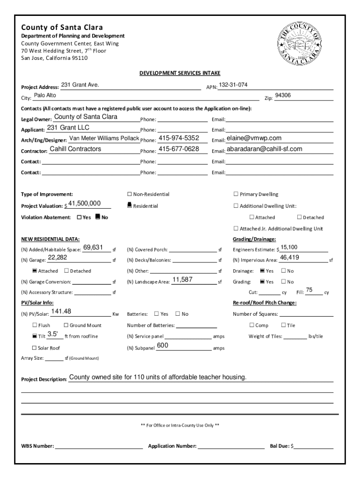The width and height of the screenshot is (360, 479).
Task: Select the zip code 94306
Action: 283,95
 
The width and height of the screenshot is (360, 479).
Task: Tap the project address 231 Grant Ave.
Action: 80,85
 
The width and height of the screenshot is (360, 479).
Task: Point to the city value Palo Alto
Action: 45,95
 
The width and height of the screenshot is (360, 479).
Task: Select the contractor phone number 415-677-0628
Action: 179,149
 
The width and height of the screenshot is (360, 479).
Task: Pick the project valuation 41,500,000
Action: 85,203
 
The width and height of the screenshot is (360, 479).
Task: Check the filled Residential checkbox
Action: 130,205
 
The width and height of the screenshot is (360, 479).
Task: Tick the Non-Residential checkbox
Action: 130,194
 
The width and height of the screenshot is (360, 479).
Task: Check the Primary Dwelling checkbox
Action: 236,194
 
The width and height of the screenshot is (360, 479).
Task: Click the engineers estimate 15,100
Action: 289,247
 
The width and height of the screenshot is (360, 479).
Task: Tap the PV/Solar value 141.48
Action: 61,312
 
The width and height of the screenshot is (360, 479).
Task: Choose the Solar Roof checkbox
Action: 34,348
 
